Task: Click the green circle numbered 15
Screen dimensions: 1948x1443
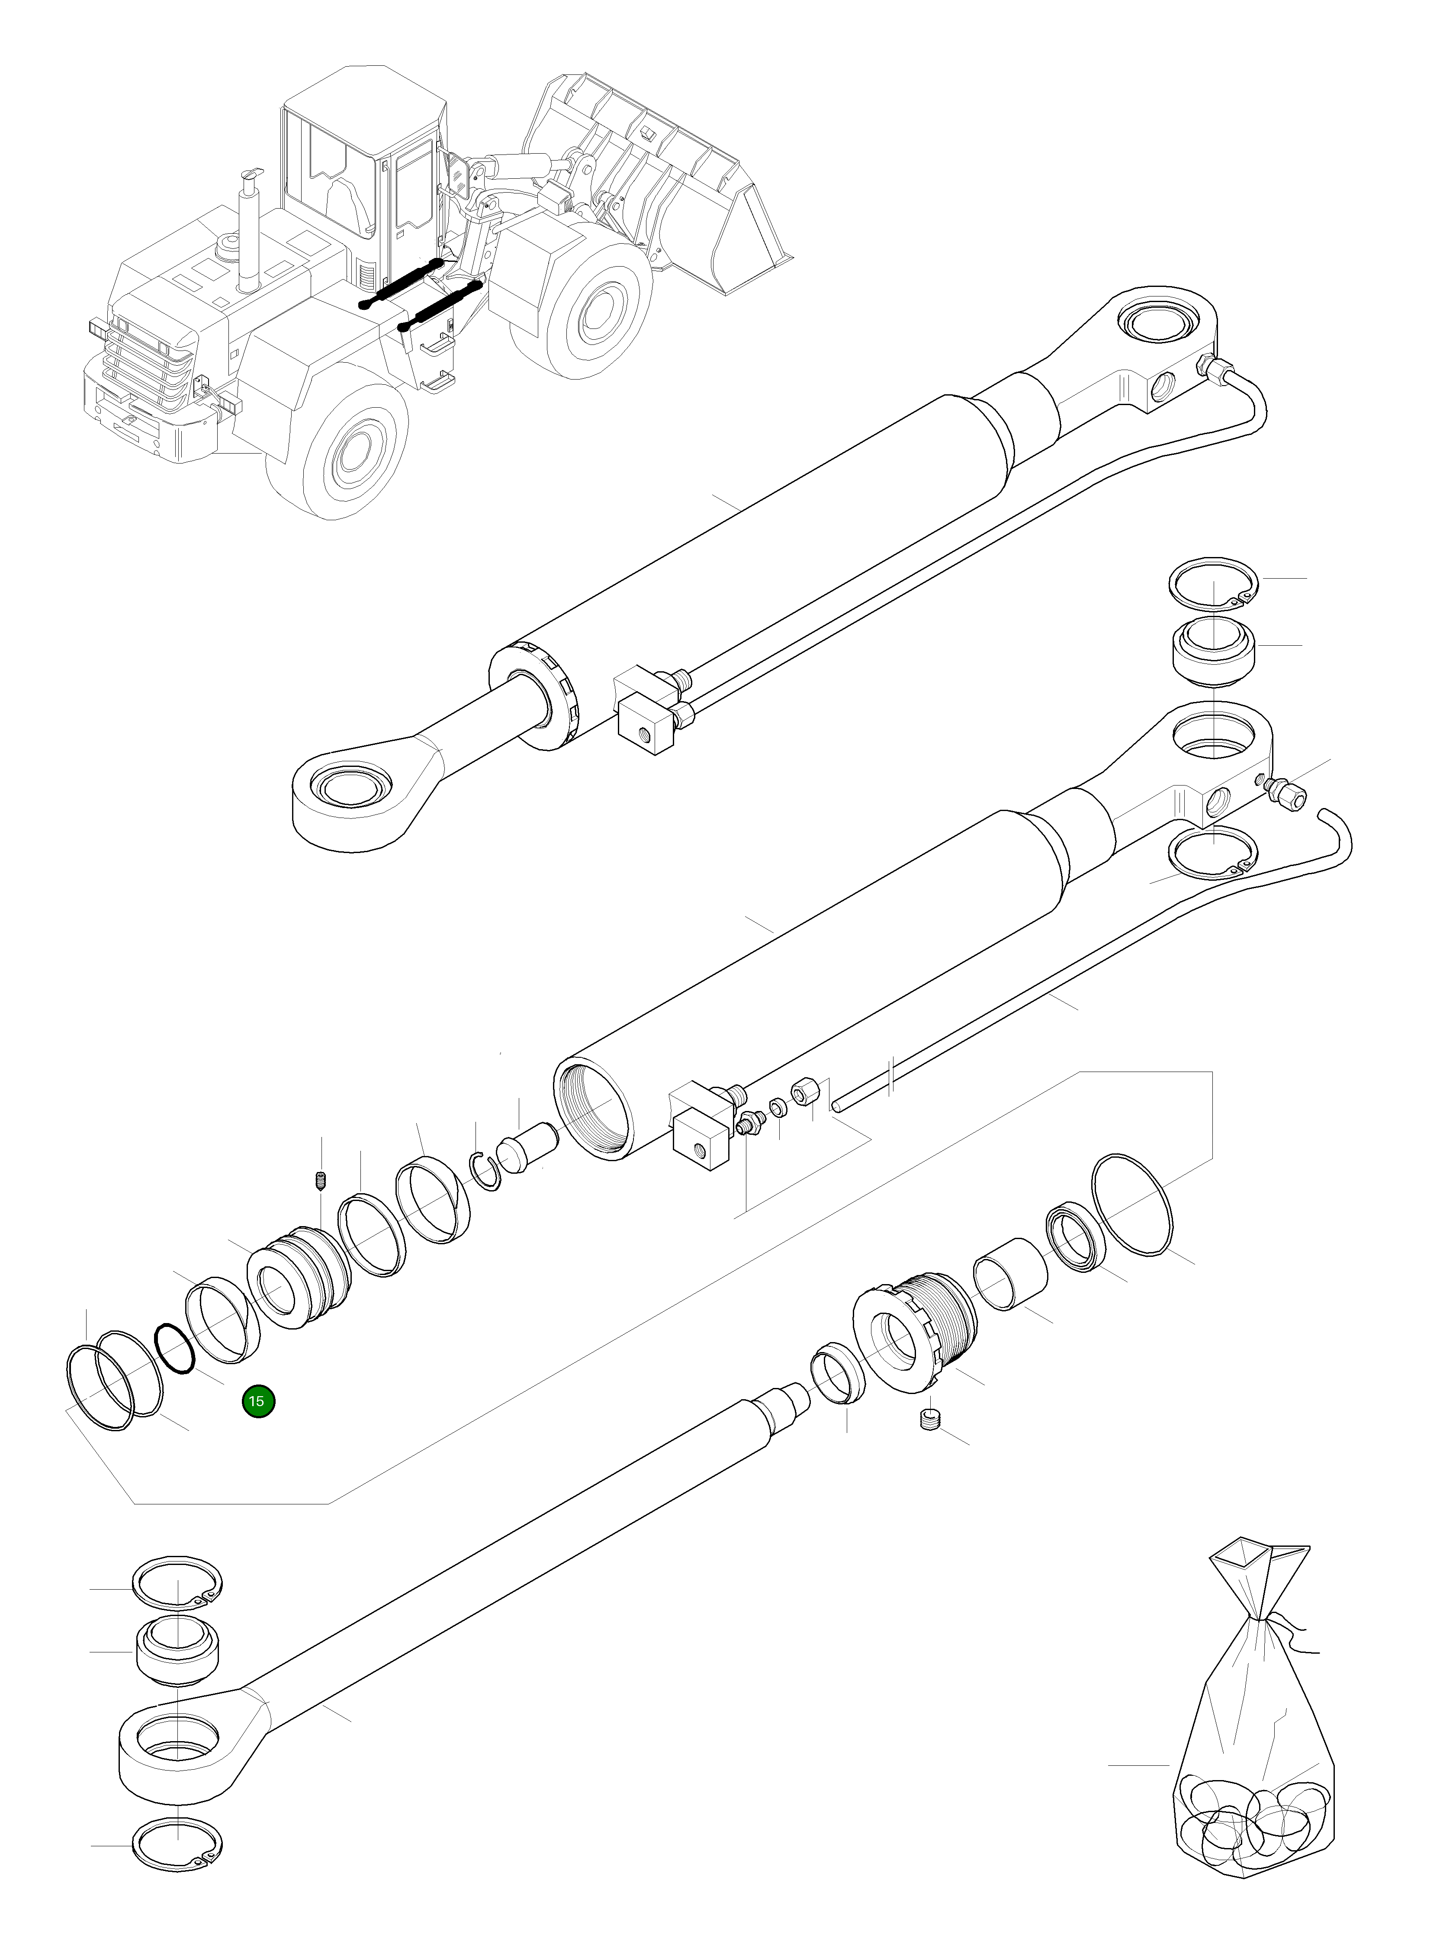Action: (x=259, y=1401)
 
